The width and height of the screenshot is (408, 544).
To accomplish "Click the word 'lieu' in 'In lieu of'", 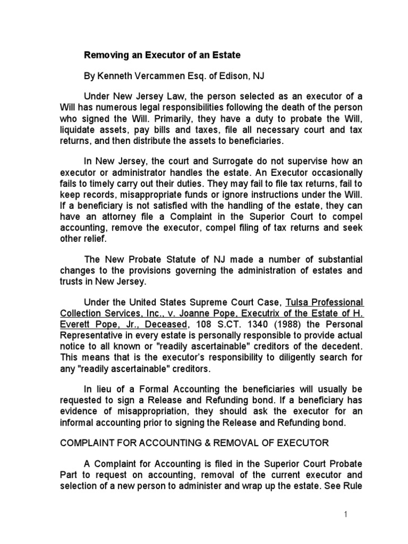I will [x=106, y=389].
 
